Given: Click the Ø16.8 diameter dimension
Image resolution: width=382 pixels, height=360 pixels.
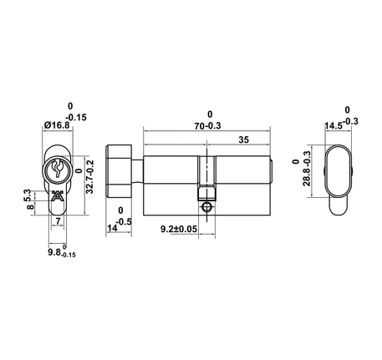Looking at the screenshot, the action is click(57, 125).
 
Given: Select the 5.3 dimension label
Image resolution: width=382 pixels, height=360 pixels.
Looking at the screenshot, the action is click(27, 195).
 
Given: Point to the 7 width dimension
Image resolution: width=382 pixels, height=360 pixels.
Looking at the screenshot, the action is click(58, 221).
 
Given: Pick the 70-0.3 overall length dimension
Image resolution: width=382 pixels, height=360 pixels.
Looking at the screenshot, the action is click(207, 126).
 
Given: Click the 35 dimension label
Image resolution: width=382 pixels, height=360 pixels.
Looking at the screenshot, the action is click(243, 139).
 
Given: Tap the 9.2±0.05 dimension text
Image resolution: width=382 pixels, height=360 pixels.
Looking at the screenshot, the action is click(179, 229).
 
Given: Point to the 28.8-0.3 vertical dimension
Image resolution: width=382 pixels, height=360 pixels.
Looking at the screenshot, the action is click(307, 169).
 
